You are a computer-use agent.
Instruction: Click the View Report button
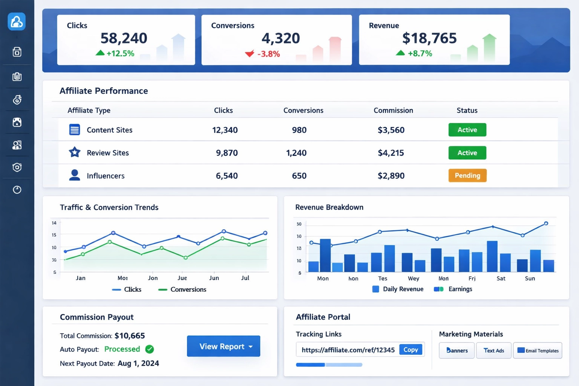click(223, 346)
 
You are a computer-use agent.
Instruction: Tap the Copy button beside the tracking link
click(411, 349)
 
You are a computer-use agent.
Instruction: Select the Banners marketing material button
click(457, 350)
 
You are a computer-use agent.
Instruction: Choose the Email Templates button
click(538, 350)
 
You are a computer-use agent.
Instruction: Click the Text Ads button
click(494, 350)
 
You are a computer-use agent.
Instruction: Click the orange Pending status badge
click(467, 175)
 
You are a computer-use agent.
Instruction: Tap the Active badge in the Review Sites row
click(467, 153)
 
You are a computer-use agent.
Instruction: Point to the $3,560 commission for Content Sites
click(391, 130)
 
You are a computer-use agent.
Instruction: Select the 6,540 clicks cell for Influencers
click(227, 176)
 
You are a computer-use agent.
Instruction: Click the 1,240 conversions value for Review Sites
click(296, 153)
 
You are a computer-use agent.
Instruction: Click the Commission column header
click(393, 110)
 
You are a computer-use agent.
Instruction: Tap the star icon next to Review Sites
click(75, 152)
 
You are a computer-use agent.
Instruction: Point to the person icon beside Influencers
click(75, 175)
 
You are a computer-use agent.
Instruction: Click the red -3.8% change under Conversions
click(268, 54)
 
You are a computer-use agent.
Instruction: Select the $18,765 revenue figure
click(429, 38)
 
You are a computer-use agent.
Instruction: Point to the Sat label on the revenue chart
click(501, 278)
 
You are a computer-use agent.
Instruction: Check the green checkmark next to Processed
click(150, 349)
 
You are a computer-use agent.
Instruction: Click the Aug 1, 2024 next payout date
click(138, 363)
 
